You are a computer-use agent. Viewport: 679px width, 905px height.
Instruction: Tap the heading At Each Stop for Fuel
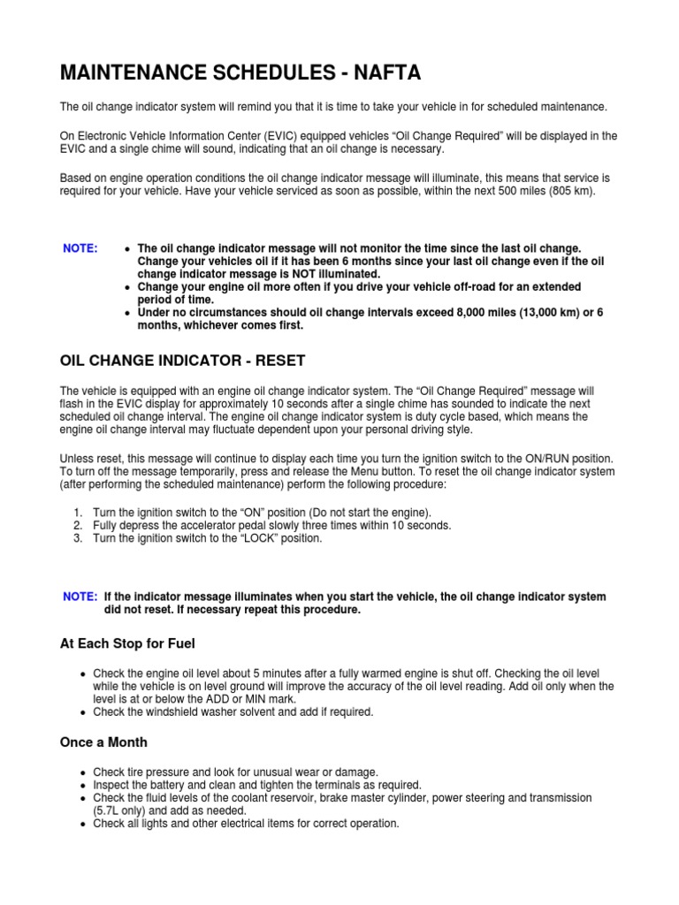click(126, 643)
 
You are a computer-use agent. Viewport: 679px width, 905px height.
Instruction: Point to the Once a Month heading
click(103, 742)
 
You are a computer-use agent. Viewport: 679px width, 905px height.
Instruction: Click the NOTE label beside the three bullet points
click(80, 248)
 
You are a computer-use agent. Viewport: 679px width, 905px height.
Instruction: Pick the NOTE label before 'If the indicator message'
click(80, 597)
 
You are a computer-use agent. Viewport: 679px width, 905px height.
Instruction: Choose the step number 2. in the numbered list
click(79, 525)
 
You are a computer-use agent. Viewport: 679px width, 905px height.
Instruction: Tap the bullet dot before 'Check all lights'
click(82, 823)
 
